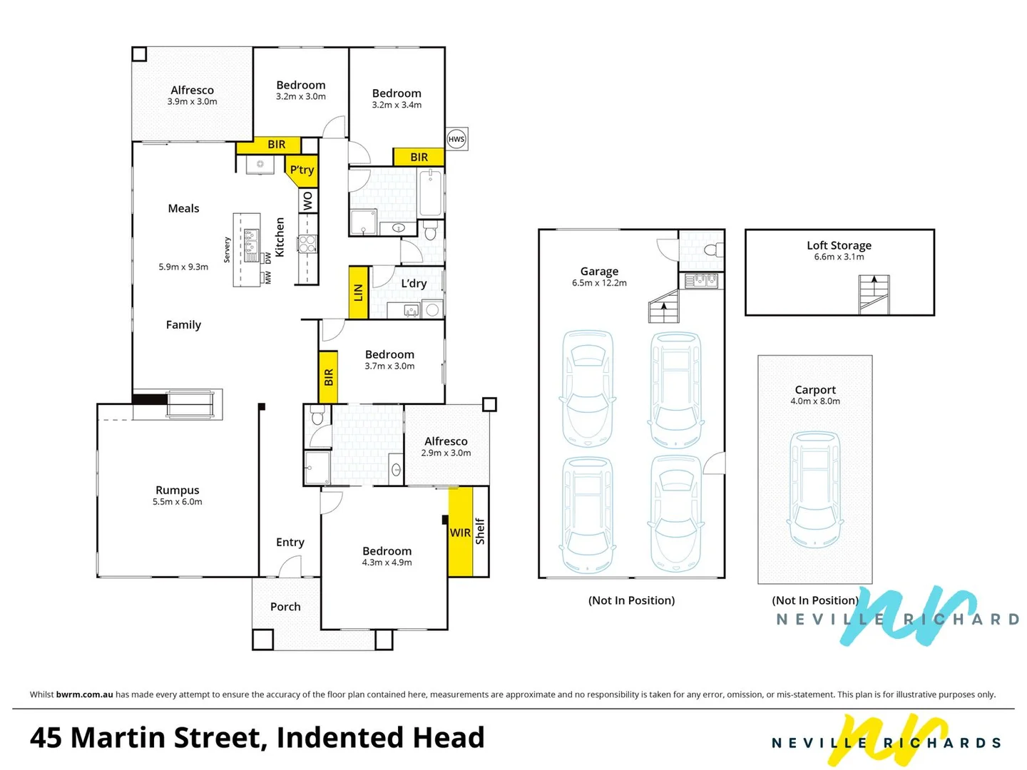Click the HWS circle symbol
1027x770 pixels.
click(x=456, y=139)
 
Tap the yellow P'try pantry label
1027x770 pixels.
click(x=302, y=170)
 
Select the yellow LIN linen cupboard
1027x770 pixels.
click(x=358, y=292)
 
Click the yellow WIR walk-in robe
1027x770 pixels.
click(x=460, y=533)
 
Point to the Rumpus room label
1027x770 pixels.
click(x=178, y=491)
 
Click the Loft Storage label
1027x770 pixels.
click(x=839, y=245)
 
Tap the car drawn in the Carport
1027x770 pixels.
click(x=814, y=489)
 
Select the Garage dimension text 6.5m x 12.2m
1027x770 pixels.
click(x=599, y=283)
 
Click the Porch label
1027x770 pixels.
click(x=285, y=607)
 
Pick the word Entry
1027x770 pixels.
click(x=290, y=543)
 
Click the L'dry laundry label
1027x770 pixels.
click(x=414, y=284)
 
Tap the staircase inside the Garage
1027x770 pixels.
click(x=663, y=307)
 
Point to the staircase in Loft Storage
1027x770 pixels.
click(x=874, y=294)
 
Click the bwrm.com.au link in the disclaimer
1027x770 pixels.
click(x=84, y=694)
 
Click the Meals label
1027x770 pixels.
click(x=183, y=209)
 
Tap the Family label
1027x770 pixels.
click(x=183, y=325)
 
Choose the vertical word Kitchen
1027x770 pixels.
click(x=280, y=237)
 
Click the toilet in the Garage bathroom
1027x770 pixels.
click(x=711, y=250)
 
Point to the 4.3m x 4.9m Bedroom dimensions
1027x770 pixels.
click(x=387, y=563)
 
